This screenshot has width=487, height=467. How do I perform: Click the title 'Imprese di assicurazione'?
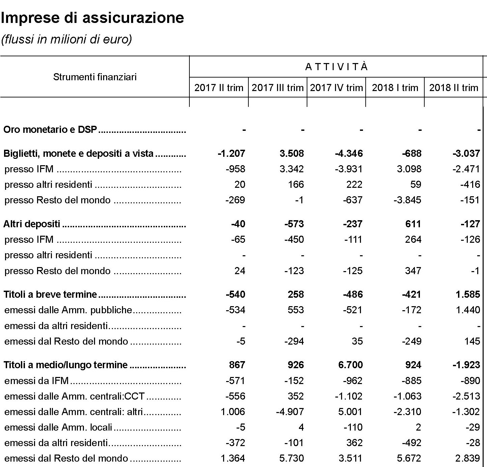pyautogui.click(x=92, y=18)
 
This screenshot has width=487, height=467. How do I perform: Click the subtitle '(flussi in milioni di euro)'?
pyautogui.click(x=66, y=39)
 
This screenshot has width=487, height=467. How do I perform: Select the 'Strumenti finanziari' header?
pyautogui.click(x=95, y=77)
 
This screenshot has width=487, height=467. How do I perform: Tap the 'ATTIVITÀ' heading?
pyautogui.click(x=336, y=67)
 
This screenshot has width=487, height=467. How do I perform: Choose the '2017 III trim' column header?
pyautogui.click(x=277, y=88)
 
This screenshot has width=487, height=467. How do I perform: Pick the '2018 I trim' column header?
pyautogui.click(x=395, y=88)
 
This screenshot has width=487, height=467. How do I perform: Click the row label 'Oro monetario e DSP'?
pyautogui.click(x=50, y=129)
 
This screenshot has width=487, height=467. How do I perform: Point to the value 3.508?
pyautogui.click(x=292, y=153)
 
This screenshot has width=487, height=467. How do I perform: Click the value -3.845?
pyautogui.click(x=407, y=200)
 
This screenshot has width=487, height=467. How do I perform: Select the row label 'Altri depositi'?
pyautogui.click(x=32, y=224)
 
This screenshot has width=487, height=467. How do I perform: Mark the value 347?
pyautogui.click(x=413, y=271)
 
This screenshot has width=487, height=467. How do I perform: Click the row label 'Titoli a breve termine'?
pyautogui.click(x=50, y=294)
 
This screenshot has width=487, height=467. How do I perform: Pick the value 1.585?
pyautogui.click(x=467, y=294)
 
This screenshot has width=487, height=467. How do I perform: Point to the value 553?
pyautogui.click(x=296, y=310)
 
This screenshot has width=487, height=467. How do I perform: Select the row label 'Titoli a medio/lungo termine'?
pyautogui.click(x=65, y=365)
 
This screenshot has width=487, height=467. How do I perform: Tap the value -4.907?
pyautogui.click(x=290, y=412)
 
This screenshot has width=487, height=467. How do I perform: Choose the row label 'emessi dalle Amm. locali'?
pyautogui.click(x=58, y=427)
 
